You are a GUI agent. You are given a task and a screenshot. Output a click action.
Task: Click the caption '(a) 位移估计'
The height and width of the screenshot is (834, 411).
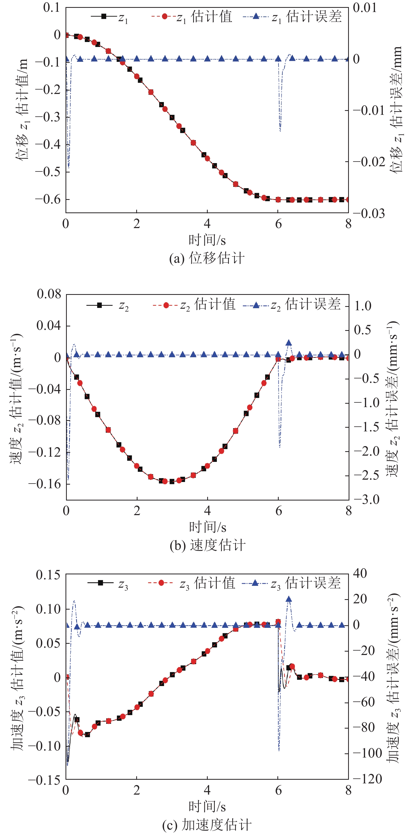207,259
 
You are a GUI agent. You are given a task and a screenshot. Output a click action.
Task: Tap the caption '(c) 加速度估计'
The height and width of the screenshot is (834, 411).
207,825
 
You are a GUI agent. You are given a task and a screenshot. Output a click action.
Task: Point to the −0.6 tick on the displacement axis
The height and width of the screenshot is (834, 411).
48,199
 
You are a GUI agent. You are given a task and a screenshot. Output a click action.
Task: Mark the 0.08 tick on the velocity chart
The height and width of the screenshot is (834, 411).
49,294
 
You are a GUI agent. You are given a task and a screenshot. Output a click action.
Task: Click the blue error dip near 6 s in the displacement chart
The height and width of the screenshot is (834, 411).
280,130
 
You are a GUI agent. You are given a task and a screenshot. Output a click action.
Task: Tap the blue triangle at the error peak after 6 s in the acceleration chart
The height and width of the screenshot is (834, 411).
289,599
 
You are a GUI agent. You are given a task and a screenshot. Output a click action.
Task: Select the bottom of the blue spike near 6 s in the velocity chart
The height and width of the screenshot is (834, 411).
279,447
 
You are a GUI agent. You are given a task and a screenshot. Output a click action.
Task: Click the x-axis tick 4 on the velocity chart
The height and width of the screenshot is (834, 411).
207,511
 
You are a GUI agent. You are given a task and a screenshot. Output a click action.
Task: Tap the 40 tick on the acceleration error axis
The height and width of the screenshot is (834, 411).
360,573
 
